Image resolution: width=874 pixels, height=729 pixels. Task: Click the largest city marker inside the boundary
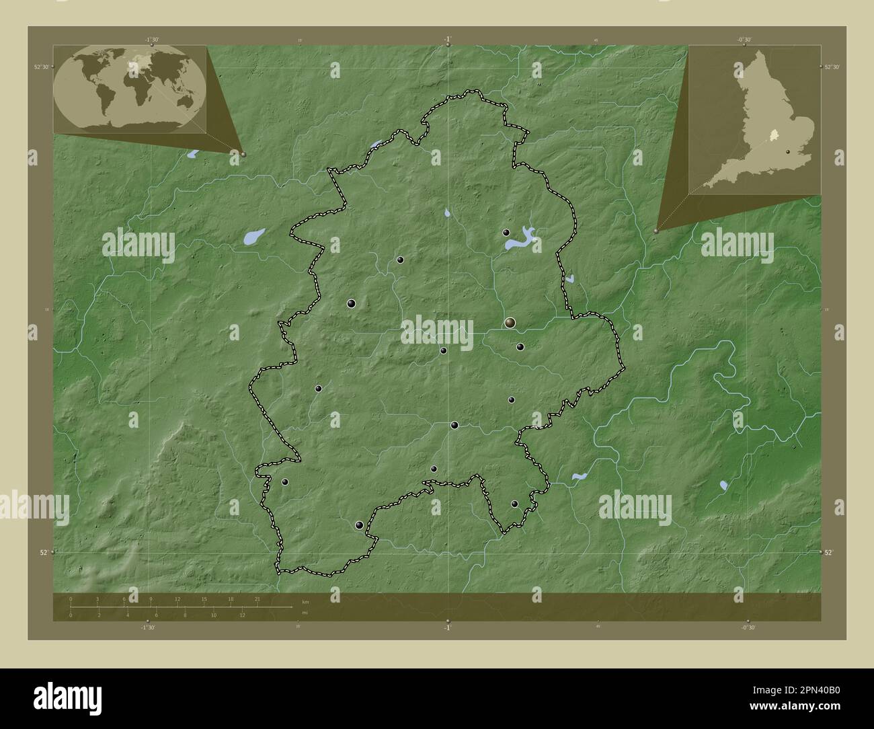click(x=510, y=323)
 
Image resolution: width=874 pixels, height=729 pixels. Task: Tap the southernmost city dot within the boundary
click(x=360, y=525)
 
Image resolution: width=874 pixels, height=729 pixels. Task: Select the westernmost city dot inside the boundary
click(x=285, y=482)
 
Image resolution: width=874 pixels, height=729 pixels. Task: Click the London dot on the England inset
click(x=787, y=153)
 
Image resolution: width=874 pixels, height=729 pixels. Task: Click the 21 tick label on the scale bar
click(x=257, y=599)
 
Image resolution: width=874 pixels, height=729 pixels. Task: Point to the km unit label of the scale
click(x=305, y=601)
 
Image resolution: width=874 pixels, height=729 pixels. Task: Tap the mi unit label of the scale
click(x=305, y=613)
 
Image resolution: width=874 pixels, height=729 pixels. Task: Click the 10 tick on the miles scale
click(x=213, y=615)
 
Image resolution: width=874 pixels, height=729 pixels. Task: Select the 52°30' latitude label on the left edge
click(x=42, y=66)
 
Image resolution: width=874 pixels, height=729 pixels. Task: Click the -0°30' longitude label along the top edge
click(x=744, y=40)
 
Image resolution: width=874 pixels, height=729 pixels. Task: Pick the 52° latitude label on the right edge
click(x=830, y=552)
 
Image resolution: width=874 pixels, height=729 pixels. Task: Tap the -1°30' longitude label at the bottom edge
click(x=147, y=627)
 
